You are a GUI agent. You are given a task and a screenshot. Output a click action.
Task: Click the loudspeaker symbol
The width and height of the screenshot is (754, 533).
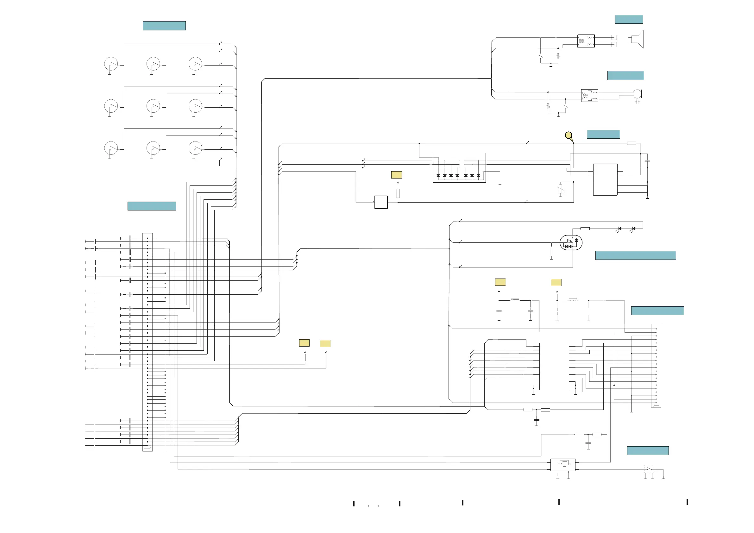(638, 40)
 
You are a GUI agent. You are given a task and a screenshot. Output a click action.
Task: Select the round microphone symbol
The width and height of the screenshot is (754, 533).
(637, 94)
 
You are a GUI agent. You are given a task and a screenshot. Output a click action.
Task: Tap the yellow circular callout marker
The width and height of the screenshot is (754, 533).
(569, 135)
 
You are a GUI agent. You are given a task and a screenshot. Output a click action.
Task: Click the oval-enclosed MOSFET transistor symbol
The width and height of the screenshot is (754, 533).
(571, 243)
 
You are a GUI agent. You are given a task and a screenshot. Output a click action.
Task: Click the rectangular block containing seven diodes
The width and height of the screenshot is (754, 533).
(459, 168)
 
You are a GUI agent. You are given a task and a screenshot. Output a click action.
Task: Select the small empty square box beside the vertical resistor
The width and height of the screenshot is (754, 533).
(381, 202)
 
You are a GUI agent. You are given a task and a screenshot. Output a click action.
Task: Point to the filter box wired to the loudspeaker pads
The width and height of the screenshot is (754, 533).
(586, 41)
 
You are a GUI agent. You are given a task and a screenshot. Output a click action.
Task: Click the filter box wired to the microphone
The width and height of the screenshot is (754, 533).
(589, 96)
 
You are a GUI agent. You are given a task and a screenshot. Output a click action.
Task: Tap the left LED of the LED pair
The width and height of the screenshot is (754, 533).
(619, 229)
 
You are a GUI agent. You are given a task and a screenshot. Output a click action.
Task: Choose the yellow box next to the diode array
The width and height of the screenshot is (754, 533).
(396, 175)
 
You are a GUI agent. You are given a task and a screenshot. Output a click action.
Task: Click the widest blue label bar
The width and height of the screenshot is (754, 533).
(635, 255)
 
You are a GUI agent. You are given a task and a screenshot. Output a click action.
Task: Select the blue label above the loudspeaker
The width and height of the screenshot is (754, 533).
(629, 19)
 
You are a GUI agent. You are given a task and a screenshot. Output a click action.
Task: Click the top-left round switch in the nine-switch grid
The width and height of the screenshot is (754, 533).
(111, 64)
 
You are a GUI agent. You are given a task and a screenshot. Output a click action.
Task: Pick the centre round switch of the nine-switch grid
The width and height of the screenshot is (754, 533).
(153, 106)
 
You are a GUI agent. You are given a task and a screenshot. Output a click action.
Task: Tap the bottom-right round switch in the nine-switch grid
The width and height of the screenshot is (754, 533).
(195, 148)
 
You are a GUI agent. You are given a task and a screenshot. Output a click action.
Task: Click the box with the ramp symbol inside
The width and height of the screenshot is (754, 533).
(562, 465)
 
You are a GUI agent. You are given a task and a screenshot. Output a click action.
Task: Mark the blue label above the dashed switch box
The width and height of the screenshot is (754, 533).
(648, 451)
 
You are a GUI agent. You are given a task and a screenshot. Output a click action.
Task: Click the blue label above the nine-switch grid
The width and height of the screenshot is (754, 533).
(164, 26)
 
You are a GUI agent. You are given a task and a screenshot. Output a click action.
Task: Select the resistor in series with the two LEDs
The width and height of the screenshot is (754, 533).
(585, 229)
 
